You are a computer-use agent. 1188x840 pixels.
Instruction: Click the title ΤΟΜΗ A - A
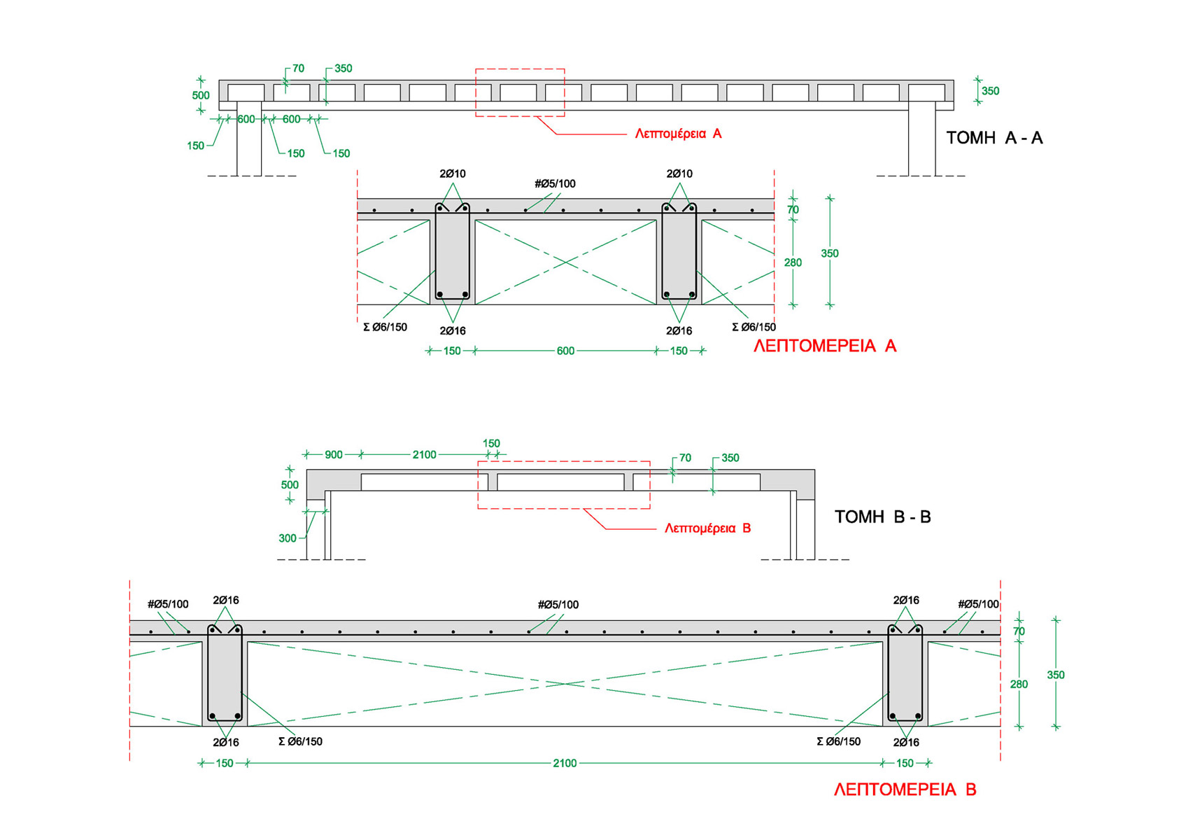click(x=993, y=138)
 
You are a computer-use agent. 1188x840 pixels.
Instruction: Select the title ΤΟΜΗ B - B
click(x=882, y=517)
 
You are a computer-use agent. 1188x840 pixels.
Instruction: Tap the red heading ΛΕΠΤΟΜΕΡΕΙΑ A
click(x=824, y=346)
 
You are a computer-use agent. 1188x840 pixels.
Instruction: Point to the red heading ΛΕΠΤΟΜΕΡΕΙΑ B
click(x=905, y=790)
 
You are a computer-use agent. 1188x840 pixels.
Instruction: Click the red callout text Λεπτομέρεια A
click(x=678, y=134)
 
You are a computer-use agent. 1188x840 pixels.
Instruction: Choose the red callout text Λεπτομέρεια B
click(x=707, y=528)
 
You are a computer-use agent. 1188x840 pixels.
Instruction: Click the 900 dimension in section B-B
click(x=334, y=455)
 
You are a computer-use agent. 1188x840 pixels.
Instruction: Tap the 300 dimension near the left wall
click(x=288, y=538)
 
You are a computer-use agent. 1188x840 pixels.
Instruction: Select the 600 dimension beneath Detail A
click(x=565, y=351)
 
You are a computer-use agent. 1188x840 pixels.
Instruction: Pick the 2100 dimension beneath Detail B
click(x=565, y=763)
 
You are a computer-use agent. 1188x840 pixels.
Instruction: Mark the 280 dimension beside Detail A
click(x=793, y=262)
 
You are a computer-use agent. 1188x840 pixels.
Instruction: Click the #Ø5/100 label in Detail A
click(x=555, y=184)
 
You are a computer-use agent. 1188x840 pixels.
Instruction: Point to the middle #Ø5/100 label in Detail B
click(x=558, y=605)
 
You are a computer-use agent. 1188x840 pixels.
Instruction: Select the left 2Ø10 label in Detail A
click(x=453, y=174)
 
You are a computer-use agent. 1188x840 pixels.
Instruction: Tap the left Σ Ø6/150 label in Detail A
click(x=385, y=327)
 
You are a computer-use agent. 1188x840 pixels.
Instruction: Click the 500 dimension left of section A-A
click(x=201, y=96)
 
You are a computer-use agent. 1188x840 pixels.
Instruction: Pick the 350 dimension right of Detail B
click(x=1055, y=675)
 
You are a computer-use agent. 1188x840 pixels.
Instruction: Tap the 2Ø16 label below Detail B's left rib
click(x=226, y=742)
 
